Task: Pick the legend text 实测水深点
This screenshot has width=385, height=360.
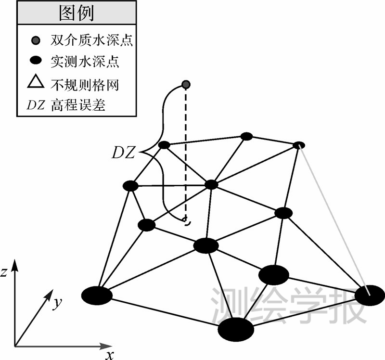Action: pos(85,61)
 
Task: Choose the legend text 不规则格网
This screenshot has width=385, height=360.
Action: pos(85,84)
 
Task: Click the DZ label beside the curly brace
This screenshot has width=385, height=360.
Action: pos(124,154)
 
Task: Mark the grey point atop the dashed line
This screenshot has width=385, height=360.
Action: pos(186,85)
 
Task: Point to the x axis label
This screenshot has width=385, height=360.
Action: pos(110,355)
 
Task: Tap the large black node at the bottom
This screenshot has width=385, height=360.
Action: pos(236,329)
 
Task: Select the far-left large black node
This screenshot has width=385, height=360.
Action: pos(97,295)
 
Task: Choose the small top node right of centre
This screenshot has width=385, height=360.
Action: pos(246,136)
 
